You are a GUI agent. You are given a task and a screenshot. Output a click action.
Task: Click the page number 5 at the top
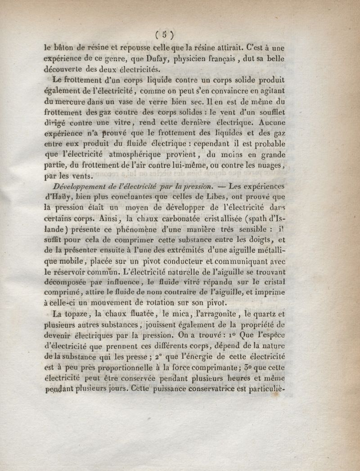tap(165, 35)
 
